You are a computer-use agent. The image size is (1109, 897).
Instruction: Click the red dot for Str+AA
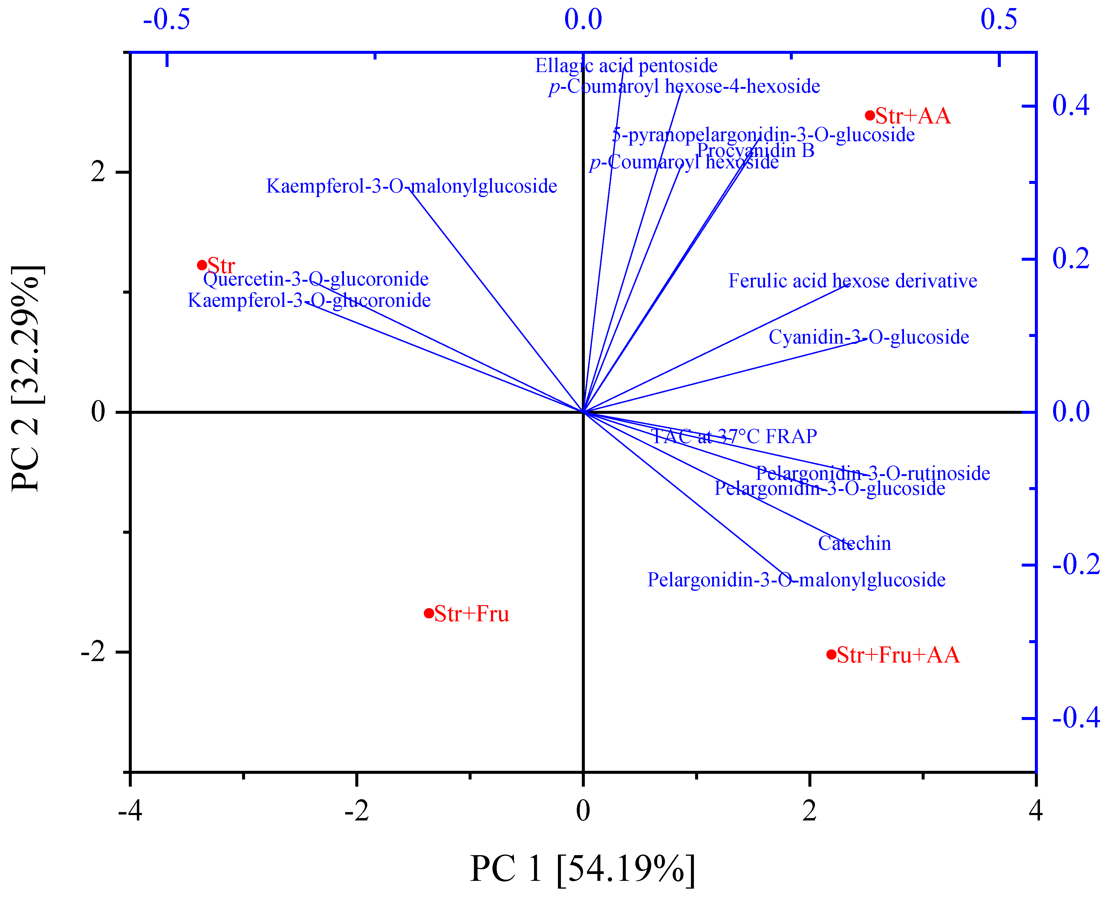[870, 115]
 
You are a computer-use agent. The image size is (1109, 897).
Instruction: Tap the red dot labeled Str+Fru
[429, 613]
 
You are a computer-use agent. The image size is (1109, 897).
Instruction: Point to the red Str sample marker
[202, 265]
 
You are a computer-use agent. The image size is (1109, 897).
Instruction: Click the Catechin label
[854, 544]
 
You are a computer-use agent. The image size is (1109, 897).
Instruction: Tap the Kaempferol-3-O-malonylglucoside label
[412, 186]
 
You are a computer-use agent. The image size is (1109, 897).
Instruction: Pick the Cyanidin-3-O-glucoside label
[869, 337]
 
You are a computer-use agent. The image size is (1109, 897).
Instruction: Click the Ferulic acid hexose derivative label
[852, 280]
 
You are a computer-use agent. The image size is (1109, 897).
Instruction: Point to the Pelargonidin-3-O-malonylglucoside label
[796, 580]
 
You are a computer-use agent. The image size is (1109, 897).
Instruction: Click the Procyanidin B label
[755, 150]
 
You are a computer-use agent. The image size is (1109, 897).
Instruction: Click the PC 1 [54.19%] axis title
[582, 869]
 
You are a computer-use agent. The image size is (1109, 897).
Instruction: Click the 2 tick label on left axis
[98, 172]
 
